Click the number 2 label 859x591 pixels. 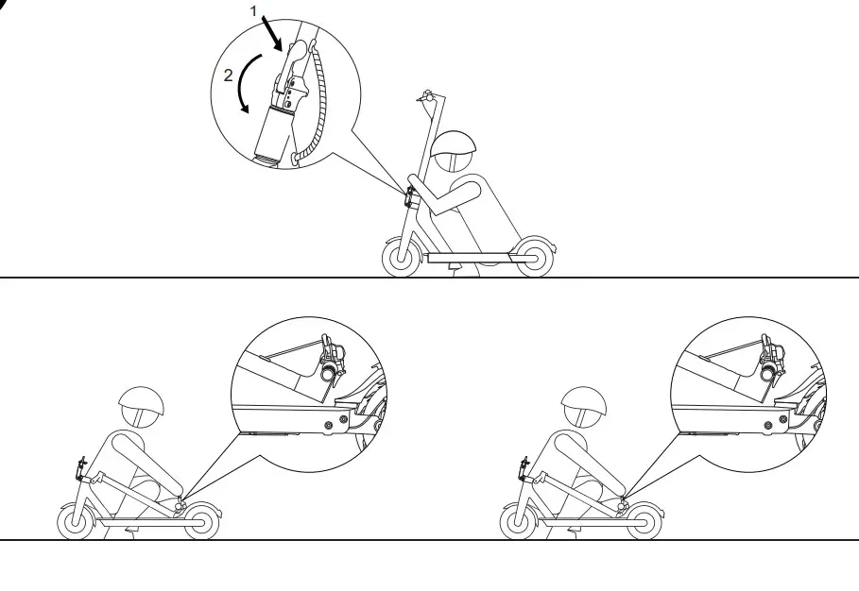coord(229,76)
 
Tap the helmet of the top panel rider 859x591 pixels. coord(453,144)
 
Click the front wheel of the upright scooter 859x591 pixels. coord(400,257)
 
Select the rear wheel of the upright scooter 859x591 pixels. coord(534,257)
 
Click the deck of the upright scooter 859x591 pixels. coord(468,256)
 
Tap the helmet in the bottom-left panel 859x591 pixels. coord(141,406)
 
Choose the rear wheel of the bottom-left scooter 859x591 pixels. coord(201,520)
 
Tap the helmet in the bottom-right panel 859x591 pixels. coord(583,407)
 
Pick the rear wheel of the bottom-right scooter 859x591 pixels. coord(643,520)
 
